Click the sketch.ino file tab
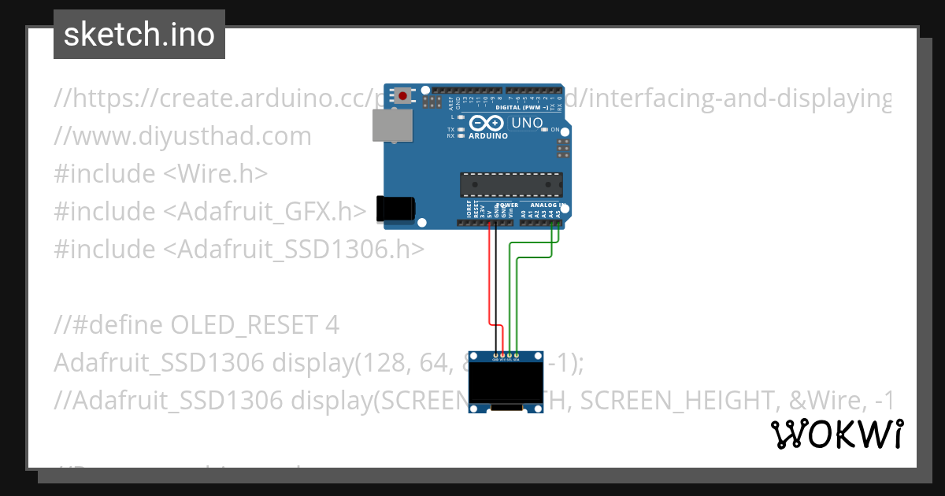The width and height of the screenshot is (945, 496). click(x=139, y=35)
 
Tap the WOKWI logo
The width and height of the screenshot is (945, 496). click(x=836, y=434)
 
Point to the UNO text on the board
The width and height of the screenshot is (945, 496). click(x=526, y=123)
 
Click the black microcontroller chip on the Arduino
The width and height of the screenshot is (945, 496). click(x=511, y=184)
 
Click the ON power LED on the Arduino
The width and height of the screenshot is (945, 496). click(x=545, y=129)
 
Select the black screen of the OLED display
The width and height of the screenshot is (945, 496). click(x=506, y=383)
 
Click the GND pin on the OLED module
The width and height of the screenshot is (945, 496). click(x=495, y=356)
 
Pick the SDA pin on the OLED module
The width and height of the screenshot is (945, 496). click(x=517, y=356)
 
